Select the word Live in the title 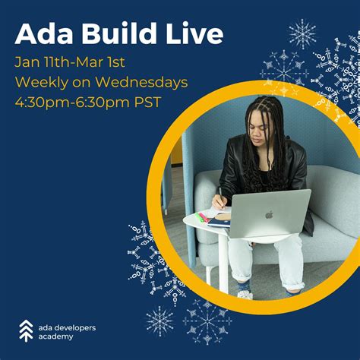194,34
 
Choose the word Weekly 41,81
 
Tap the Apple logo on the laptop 268,214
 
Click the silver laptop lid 270,213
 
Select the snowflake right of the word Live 302,34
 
